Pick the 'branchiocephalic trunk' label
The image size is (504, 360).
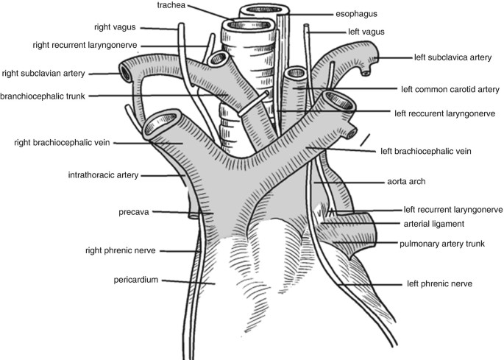point(47,96)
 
